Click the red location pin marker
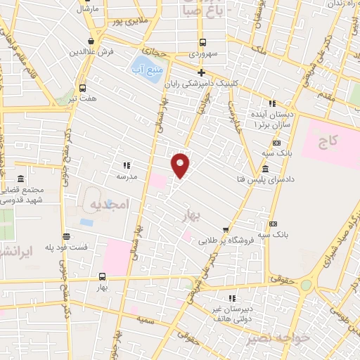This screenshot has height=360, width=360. click(x=181, y=165)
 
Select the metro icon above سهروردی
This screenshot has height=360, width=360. click(x=202, y=42)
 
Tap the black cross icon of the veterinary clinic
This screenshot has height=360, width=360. click(x=202, y=72)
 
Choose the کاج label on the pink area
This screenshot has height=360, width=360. click(x=328, y=142)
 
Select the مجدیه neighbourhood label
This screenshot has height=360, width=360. click(x=107, y=204)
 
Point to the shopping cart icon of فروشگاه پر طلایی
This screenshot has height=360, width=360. click(x=225, y=229)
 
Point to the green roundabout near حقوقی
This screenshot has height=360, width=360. click(x=306, y=285)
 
